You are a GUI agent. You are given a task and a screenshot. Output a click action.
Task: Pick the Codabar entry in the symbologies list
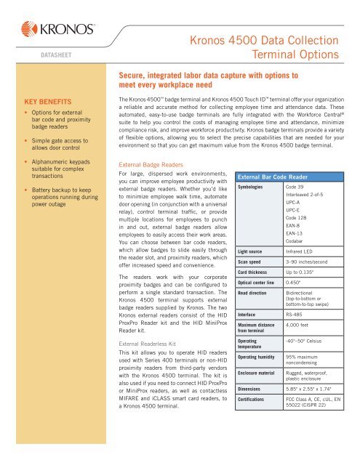pyautogui.click(x=294, y=240)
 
